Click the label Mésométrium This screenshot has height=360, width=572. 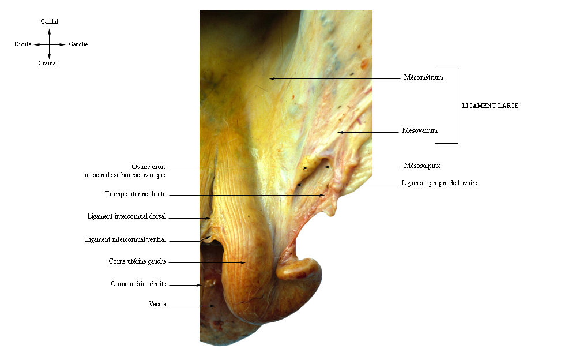424,77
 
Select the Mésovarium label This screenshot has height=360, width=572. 420,130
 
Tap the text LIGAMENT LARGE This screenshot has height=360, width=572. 490,106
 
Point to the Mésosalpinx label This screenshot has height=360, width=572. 422,166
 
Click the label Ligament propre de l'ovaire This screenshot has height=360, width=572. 439,183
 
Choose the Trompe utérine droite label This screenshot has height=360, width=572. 135,194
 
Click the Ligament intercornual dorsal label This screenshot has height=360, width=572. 127,216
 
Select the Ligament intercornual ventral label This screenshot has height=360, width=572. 126,239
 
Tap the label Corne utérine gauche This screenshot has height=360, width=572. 137,261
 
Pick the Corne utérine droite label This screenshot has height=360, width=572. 138,284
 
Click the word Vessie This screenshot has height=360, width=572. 157,304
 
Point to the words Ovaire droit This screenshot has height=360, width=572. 148,167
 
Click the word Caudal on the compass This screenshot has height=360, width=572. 49,21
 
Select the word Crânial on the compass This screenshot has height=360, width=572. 48,63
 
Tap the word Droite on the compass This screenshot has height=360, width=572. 22,44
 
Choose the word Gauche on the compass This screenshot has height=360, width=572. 78,44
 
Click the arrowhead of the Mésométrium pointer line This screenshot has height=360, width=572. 272,78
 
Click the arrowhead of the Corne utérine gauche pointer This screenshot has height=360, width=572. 243,262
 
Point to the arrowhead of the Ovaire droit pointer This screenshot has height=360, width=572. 306,168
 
